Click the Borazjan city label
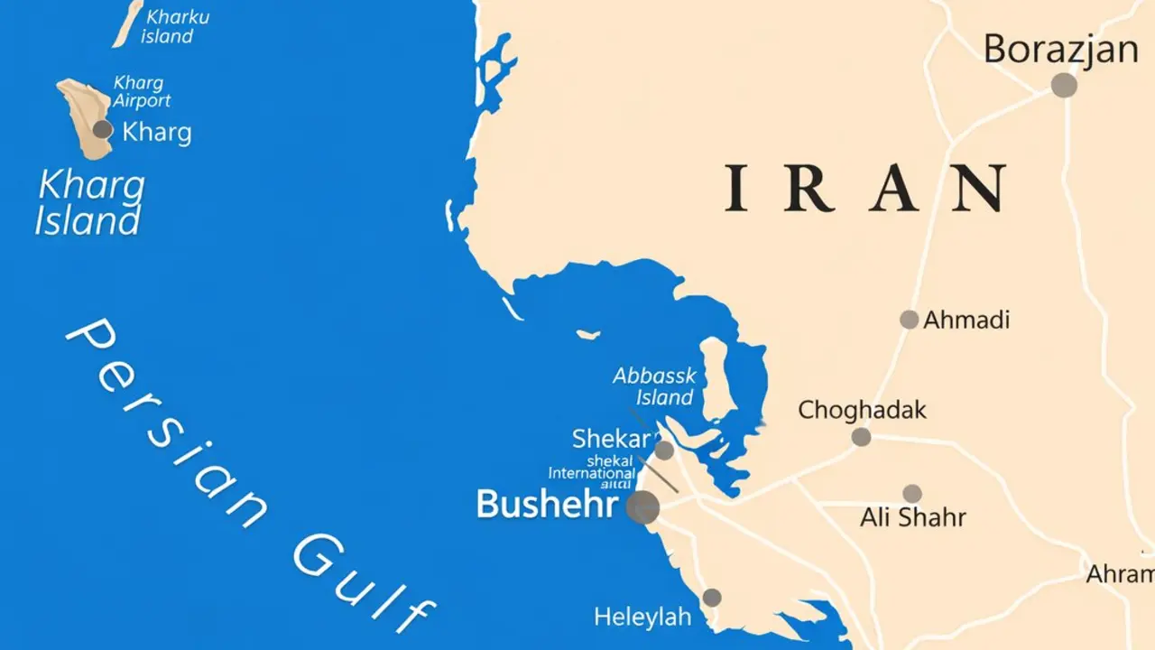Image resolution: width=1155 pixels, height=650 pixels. coord(1060,49)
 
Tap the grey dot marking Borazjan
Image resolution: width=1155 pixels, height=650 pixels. coord(1064,85)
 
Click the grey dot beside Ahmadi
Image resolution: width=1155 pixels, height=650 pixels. coord(909,320)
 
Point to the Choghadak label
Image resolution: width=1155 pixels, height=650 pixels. coord(862,410)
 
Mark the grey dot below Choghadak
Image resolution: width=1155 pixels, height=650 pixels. coord(861,437)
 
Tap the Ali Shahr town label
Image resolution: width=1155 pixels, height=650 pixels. coord(912,517)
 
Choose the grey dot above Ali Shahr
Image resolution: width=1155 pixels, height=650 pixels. coord(912,494)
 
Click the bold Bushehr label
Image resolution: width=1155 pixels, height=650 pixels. coord(547,504)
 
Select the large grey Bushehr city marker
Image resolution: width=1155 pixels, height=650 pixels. coord(642,507)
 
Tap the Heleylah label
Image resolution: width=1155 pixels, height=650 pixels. coord(642,617)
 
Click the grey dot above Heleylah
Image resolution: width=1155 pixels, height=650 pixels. coord(712,598)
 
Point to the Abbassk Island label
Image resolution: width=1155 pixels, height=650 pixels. coord(654,386)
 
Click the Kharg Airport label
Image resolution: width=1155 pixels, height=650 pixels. coord(141,92)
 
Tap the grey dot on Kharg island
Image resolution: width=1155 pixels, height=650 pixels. coord(103,129)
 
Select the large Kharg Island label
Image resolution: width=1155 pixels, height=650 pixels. coord(89,203)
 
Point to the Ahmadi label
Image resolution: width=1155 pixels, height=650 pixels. coord(966,320)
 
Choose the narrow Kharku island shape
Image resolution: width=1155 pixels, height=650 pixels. coord(127,22)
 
